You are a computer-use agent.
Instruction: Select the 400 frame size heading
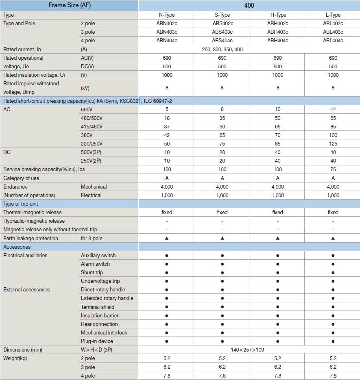click(x=249, y=5)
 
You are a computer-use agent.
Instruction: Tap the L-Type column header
click(x=333, y=15)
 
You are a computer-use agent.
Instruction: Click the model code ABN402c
click(x=167, y=24)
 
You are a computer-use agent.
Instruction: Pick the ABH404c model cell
click(x=277, y=41)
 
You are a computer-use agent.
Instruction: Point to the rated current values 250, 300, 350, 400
click(x=222, y=50)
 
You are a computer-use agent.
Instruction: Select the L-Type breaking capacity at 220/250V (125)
click(x=333, y=143)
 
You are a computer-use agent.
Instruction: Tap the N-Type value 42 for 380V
click(x=167, y=135)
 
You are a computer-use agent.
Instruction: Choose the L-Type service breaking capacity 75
click(x=333, y=169)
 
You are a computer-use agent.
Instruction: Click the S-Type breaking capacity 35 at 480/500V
click(x=222, y=118)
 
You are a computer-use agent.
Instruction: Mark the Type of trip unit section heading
click(x=21, y=204)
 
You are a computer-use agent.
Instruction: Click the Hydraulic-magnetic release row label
click(x=34, y=221)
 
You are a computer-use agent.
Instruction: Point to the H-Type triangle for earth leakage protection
click(x=277, y=239)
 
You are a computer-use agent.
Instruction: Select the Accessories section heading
click(x=17, y=247)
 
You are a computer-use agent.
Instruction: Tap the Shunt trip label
click(x=92, y=273)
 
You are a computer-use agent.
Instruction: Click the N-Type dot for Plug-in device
click(x=167, y=341)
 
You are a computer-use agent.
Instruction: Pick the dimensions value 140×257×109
click(x=250, y=350)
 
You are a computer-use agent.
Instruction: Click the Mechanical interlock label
click(x=104, y=333)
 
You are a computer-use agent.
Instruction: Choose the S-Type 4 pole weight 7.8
click(x=222, y=376)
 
